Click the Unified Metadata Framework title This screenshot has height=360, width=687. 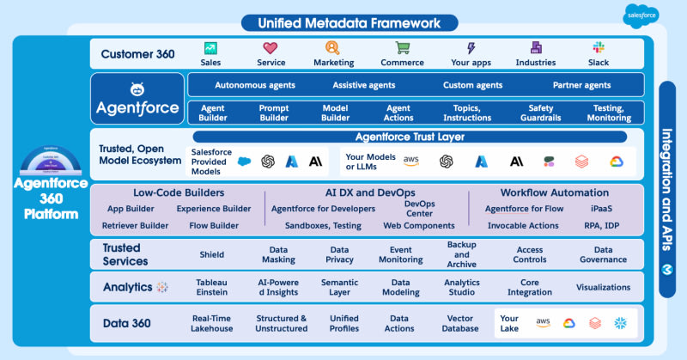coord(343,22)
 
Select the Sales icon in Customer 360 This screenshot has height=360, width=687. coord(210,48)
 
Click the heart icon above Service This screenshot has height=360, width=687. coord(271,48)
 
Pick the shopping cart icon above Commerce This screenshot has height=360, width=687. coord(403,48)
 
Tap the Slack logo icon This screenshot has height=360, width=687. coord(599,48)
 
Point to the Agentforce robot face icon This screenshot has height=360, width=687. coord(137,89)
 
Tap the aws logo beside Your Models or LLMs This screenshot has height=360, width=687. coord(411,161)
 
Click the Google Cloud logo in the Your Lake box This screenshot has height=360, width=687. coord(568,323)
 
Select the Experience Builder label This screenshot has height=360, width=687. coord(214,209)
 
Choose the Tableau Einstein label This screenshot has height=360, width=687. coord(212,287)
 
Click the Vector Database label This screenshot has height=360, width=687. coord(460,323)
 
